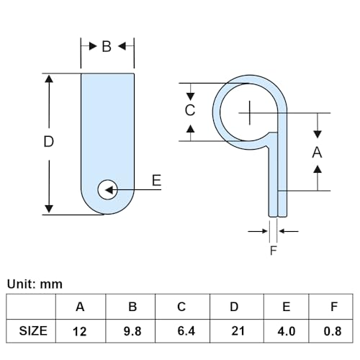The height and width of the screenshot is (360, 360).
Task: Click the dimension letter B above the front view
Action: click(107, 46)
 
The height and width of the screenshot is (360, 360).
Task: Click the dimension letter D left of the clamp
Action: click(48, 141)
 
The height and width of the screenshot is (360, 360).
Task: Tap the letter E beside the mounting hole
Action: click(156, 181)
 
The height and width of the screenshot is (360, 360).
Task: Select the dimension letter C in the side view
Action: click(190, 110)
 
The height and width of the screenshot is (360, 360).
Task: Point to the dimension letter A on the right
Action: click(317, 152)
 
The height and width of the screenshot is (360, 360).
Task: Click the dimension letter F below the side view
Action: click(274, 251)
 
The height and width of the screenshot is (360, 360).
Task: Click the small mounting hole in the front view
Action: click(107, 189)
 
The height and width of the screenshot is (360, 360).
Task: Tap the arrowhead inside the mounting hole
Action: click(109, 190)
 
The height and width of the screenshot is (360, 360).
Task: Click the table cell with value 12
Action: click(81, 331)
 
